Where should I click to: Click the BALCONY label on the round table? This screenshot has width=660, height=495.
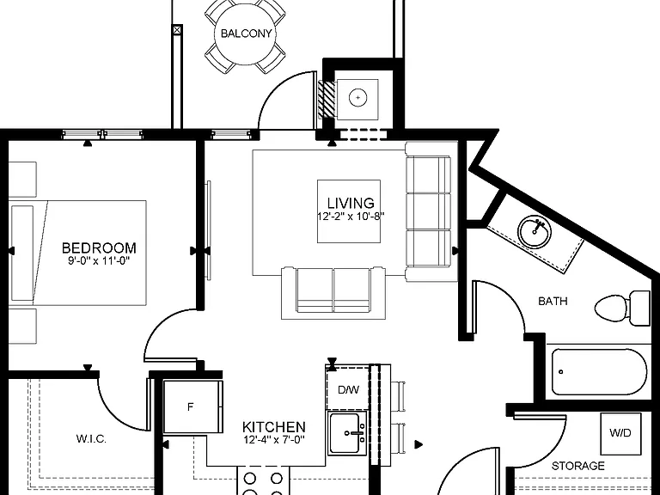click(247, 34)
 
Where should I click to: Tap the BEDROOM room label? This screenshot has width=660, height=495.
click(99, 247)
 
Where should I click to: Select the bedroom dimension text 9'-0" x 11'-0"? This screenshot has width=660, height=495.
click(99, 260)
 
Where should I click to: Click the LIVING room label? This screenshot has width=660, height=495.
click(351, 203)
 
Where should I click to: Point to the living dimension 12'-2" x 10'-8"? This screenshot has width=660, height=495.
click(351, 217)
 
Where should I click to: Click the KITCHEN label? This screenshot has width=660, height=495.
click(273, 427)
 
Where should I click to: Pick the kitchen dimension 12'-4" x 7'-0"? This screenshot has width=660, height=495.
click(273, 440)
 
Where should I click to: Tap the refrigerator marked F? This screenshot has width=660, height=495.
click(192, 406)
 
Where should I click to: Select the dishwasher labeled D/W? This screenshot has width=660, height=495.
click(348, 389)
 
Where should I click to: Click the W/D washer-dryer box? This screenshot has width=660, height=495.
click(620, 433)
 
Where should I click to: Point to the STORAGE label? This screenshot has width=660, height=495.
click(577, 466)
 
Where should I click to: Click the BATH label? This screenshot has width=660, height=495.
click(553, 301)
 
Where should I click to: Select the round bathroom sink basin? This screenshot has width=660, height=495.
click(535, 231)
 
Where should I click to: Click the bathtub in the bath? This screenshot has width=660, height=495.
click(598, 371)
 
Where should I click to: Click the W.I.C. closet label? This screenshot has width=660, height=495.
click(91, 439)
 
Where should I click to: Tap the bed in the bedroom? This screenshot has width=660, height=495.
click(79, 253)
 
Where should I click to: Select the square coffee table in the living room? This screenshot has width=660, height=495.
click(349, 211)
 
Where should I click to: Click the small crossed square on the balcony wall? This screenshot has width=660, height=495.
click(177, 30)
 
